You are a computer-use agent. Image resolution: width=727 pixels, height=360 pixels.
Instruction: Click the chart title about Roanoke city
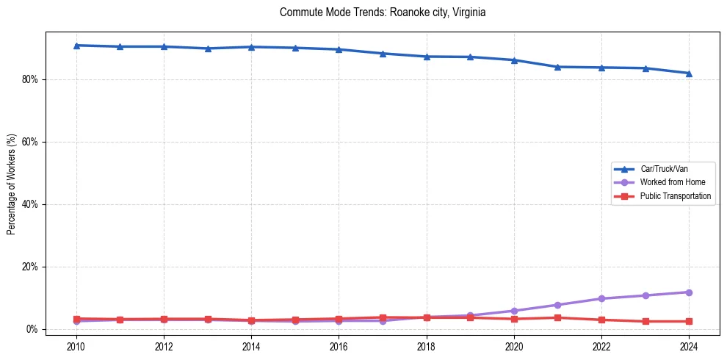(x=383, y=13)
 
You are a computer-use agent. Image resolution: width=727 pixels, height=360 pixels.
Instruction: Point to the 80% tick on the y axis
(x=30, y=79)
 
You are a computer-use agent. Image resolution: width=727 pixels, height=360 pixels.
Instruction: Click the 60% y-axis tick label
(x=30, y=142)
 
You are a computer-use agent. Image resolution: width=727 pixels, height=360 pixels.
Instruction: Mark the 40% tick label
(x=30, y=204)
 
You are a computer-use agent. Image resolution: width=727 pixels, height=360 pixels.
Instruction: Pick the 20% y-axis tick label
(x=30, y=267)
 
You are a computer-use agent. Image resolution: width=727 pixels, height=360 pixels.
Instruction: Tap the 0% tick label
(x=32, y=329)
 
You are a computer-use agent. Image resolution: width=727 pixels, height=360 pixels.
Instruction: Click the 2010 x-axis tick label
(x=76, y=347)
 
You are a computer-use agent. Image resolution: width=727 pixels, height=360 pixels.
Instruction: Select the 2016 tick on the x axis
(x=339, y=347)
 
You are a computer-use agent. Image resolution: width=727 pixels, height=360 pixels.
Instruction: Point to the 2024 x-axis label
(x=689, y=347)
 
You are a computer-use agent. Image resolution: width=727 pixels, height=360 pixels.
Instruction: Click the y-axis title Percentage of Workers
(x=12, y=184)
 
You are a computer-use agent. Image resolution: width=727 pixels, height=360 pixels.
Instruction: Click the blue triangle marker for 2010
(x=76, y=46)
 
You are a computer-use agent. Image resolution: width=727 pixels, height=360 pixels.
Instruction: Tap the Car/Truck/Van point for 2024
(x=689, y=73)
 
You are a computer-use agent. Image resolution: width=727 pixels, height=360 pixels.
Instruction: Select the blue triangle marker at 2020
(x=514, y=60)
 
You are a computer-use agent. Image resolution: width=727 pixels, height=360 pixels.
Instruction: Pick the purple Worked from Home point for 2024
(x=689, y=292)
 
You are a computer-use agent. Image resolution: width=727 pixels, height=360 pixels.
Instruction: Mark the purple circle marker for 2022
(x=601, y=298)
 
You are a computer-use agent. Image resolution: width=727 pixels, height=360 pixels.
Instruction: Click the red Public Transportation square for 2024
(x=689, y=321)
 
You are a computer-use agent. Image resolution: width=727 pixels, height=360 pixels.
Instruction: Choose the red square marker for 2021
(x=557, y=317)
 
